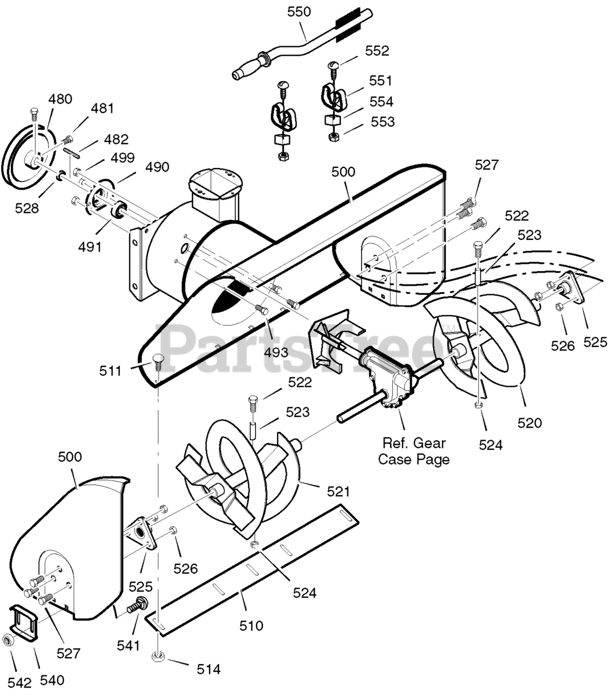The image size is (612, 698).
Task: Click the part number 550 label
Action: click(x=299, y=11)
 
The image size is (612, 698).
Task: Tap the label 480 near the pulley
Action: click(x=61, y=99)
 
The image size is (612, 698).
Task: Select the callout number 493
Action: click(x=276, y=352)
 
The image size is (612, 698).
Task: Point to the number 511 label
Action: click(x=110, y=371)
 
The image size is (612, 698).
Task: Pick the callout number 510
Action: click(x=251, y=625)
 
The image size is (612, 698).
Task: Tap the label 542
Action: click(x=19, y=683)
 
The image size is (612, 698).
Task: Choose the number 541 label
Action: click(x=129, y=646)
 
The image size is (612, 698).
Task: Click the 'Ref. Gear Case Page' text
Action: click(x=414, y=451)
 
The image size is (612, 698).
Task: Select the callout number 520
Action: click(x=530, y=423)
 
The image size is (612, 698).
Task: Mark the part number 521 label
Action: click(x=338, y=492)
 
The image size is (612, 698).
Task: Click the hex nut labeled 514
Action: click(x=158, y=657)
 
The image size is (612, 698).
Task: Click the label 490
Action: click(x=157, y=167)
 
